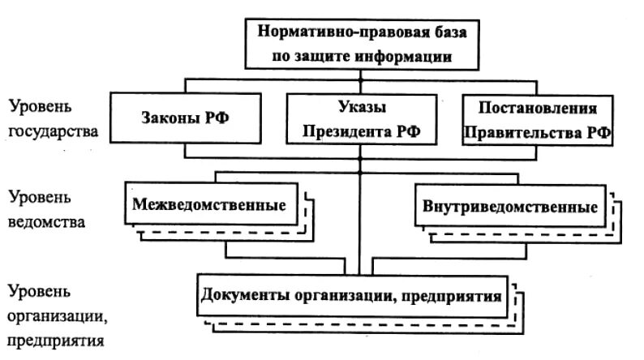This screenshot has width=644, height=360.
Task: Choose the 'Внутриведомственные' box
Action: [510, 205]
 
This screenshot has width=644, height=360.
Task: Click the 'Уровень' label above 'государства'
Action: [41, 106]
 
